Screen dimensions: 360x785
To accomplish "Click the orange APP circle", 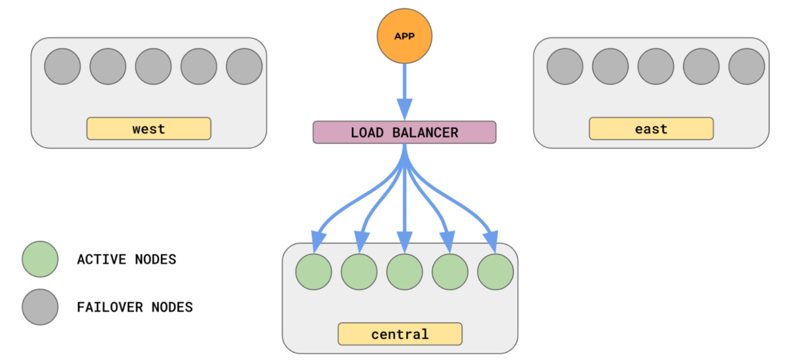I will [x=404, y=36].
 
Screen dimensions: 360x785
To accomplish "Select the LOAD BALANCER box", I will [x=404, y=132].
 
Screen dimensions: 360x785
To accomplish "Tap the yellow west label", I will [x=148, y=129].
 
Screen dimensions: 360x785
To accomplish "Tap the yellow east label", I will [x=651, y=129].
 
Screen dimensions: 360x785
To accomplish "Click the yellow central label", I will [x=400, y=334].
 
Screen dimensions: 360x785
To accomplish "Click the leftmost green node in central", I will [x=313, y=272].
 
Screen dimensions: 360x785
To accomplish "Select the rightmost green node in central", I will [x=495, y=272].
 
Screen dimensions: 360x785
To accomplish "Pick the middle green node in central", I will [x=404, y=272].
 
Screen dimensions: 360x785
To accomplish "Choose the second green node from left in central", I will [x=359, y=272].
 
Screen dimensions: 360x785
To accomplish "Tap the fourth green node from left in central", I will [x=450, y=272].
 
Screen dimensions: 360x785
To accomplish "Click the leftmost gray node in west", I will [x=62, y=66].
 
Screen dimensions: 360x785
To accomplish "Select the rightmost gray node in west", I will [x=244, y=66].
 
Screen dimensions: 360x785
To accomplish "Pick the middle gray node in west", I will [x=153, y=66].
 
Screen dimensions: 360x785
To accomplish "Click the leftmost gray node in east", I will [x=565, y=66].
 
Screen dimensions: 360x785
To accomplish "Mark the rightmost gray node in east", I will [x=746, y=66].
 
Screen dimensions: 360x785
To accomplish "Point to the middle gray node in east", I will [x=655, y=66].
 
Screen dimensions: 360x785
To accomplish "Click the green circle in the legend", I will [x=40, y=259].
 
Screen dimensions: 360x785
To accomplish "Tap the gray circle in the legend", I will [x=40, y=306].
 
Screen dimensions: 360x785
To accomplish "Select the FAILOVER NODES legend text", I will [x=135, y=307].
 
